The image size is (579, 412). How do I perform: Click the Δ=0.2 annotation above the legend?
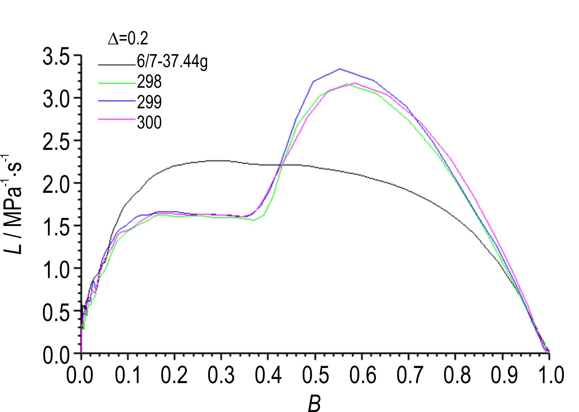coord(128,39)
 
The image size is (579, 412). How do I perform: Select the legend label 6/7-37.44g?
coord(172,63)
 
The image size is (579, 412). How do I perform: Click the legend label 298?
coord(149,83)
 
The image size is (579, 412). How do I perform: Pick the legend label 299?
coord(149,103)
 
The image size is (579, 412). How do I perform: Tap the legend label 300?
coord(149,123)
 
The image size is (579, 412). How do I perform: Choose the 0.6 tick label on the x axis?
coord(362,375)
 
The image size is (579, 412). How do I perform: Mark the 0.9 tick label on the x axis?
coord(502,375)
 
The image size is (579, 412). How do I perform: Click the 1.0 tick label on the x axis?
coord(549,375)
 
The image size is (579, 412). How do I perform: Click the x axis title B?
coord(315,404)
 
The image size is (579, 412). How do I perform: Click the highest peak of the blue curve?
coord(339,69)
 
